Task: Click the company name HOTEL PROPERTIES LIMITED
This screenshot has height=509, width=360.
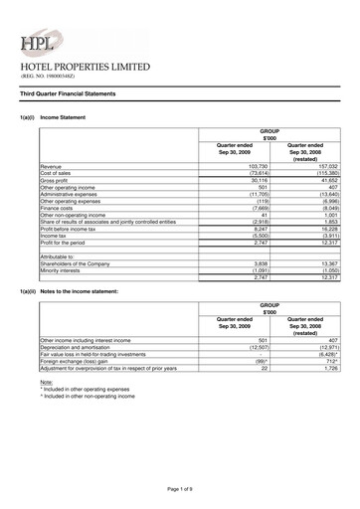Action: tap(86, 67)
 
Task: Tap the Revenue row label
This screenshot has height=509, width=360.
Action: tap(52, 166)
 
